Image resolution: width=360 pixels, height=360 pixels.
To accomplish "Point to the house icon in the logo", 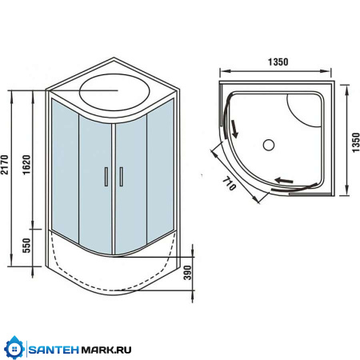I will point(14,350).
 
